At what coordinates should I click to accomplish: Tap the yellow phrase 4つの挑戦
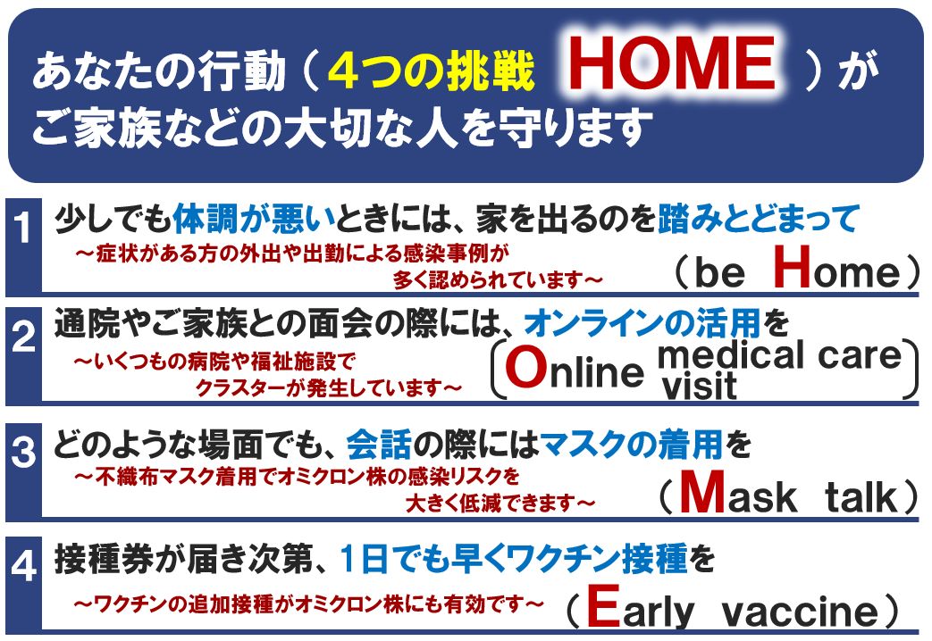[431, 71]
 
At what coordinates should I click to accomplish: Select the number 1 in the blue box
[23, 228]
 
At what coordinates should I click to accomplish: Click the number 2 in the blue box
[23, 337]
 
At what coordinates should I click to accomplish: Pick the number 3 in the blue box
[23, 451]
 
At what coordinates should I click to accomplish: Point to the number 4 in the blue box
[23, 565]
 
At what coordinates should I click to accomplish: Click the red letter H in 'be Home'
[793, 266]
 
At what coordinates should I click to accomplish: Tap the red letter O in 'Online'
[526, 368]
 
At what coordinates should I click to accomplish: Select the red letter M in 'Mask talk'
[703, 491]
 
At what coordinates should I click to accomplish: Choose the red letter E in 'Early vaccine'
[604, 605]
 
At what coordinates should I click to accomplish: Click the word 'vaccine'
[800, 612]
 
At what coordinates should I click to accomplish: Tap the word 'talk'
[861, 496]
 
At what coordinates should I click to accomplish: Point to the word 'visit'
[699, 386]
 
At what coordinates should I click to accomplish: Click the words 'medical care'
[779, 354]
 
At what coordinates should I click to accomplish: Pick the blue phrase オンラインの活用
[642, 323]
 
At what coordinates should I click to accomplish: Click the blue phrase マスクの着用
[631, 444]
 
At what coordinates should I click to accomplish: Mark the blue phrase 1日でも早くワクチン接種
[514, 559]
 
